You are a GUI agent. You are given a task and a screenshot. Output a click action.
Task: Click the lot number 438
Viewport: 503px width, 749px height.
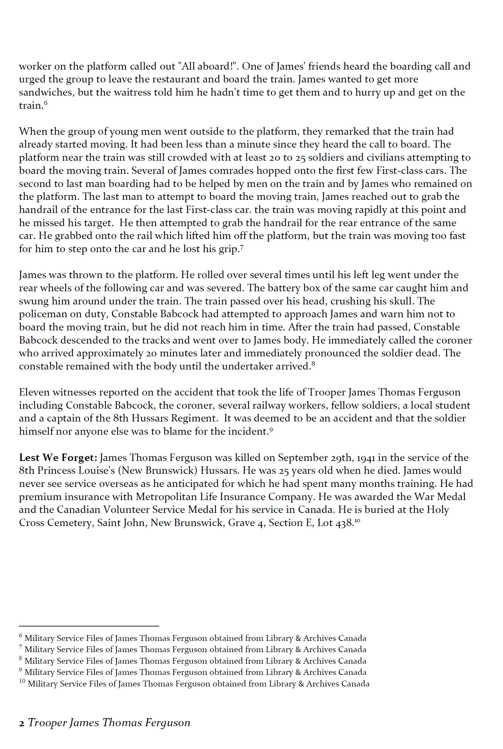click(x=344, y=523)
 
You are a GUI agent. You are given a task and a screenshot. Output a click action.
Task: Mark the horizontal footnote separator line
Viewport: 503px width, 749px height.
click(x=89, y=626)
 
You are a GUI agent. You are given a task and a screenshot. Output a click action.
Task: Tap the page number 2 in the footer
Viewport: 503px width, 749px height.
click(x=21, y=723)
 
